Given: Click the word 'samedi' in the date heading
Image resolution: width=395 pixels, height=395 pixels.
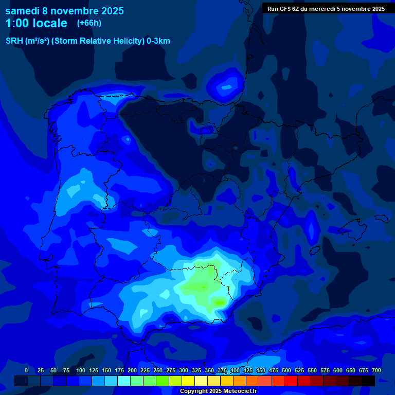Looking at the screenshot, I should click(x=23, y=11).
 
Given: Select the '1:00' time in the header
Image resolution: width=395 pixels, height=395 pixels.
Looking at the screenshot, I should click(x=16, y=23).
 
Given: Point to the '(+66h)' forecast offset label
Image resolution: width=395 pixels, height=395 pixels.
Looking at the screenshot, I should click(x=89, y=23).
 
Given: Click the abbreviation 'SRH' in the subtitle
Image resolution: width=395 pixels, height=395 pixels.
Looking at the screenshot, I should click(x=14, y=41).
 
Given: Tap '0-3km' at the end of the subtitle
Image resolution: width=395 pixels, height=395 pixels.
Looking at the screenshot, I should click(x=158, y=41).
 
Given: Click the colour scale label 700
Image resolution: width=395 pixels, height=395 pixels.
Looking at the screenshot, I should click(x=376, y=370).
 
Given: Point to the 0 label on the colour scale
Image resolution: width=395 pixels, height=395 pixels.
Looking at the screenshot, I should click(x=26, y=370).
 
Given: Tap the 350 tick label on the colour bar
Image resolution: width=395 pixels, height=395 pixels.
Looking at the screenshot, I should click(x=209, y=370).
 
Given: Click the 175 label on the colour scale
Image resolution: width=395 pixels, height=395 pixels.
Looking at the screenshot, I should click(x=119, y=370).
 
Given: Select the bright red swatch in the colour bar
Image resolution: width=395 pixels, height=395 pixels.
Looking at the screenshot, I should click(x=291, y=381).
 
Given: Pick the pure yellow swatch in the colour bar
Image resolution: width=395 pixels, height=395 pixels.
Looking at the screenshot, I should click(x=188, y=381).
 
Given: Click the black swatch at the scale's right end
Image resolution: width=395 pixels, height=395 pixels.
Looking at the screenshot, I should click(x=368, y=381).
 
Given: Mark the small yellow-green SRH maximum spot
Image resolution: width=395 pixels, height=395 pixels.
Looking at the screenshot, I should click(x=220, y=302).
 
